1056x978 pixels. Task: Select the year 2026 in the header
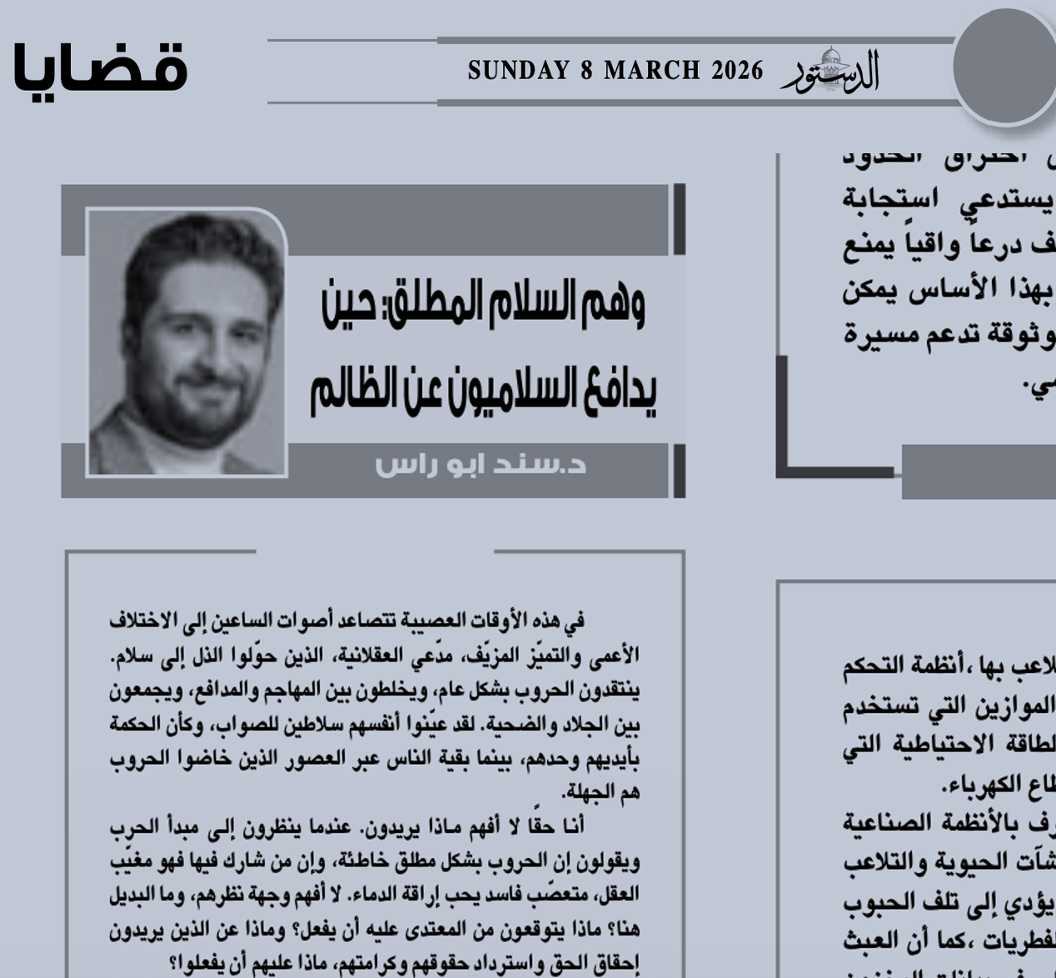click(737, 71)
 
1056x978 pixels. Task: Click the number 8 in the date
click(587, 71)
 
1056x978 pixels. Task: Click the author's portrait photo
click(187, 342)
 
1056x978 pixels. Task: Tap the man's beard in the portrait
click(187, 408)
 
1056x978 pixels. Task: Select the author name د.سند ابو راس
click(481, 463)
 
